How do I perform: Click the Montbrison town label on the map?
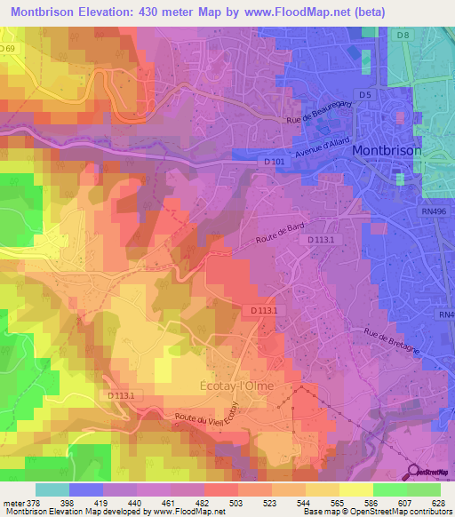pos(387,151)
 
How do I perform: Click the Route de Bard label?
pos(280,233)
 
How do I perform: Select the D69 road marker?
pos(8,47)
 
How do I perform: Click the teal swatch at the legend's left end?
pos(52,489)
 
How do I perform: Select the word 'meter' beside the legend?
pos(12,504)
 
